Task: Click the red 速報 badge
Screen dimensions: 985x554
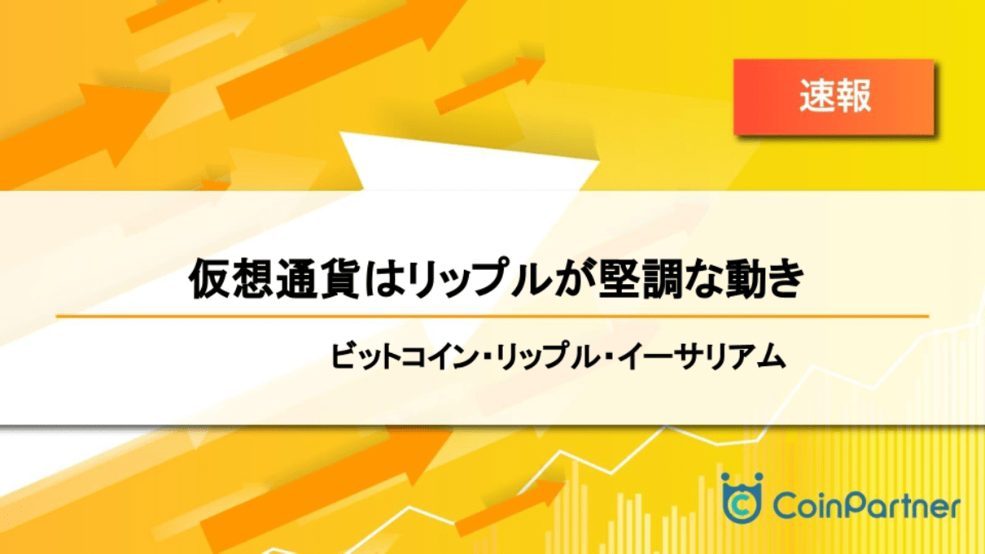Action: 834,97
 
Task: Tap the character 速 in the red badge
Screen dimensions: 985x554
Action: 816,96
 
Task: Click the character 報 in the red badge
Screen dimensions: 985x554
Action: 853,96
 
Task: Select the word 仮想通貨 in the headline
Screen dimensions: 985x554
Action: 274,279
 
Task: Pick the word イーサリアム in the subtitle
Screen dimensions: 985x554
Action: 701,356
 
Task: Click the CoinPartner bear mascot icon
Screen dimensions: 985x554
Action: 742,498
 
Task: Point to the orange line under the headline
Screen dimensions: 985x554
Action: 492,316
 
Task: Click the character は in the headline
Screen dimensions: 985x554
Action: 383,279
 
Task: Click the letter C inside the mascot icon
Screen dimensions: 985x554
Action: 742,505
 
